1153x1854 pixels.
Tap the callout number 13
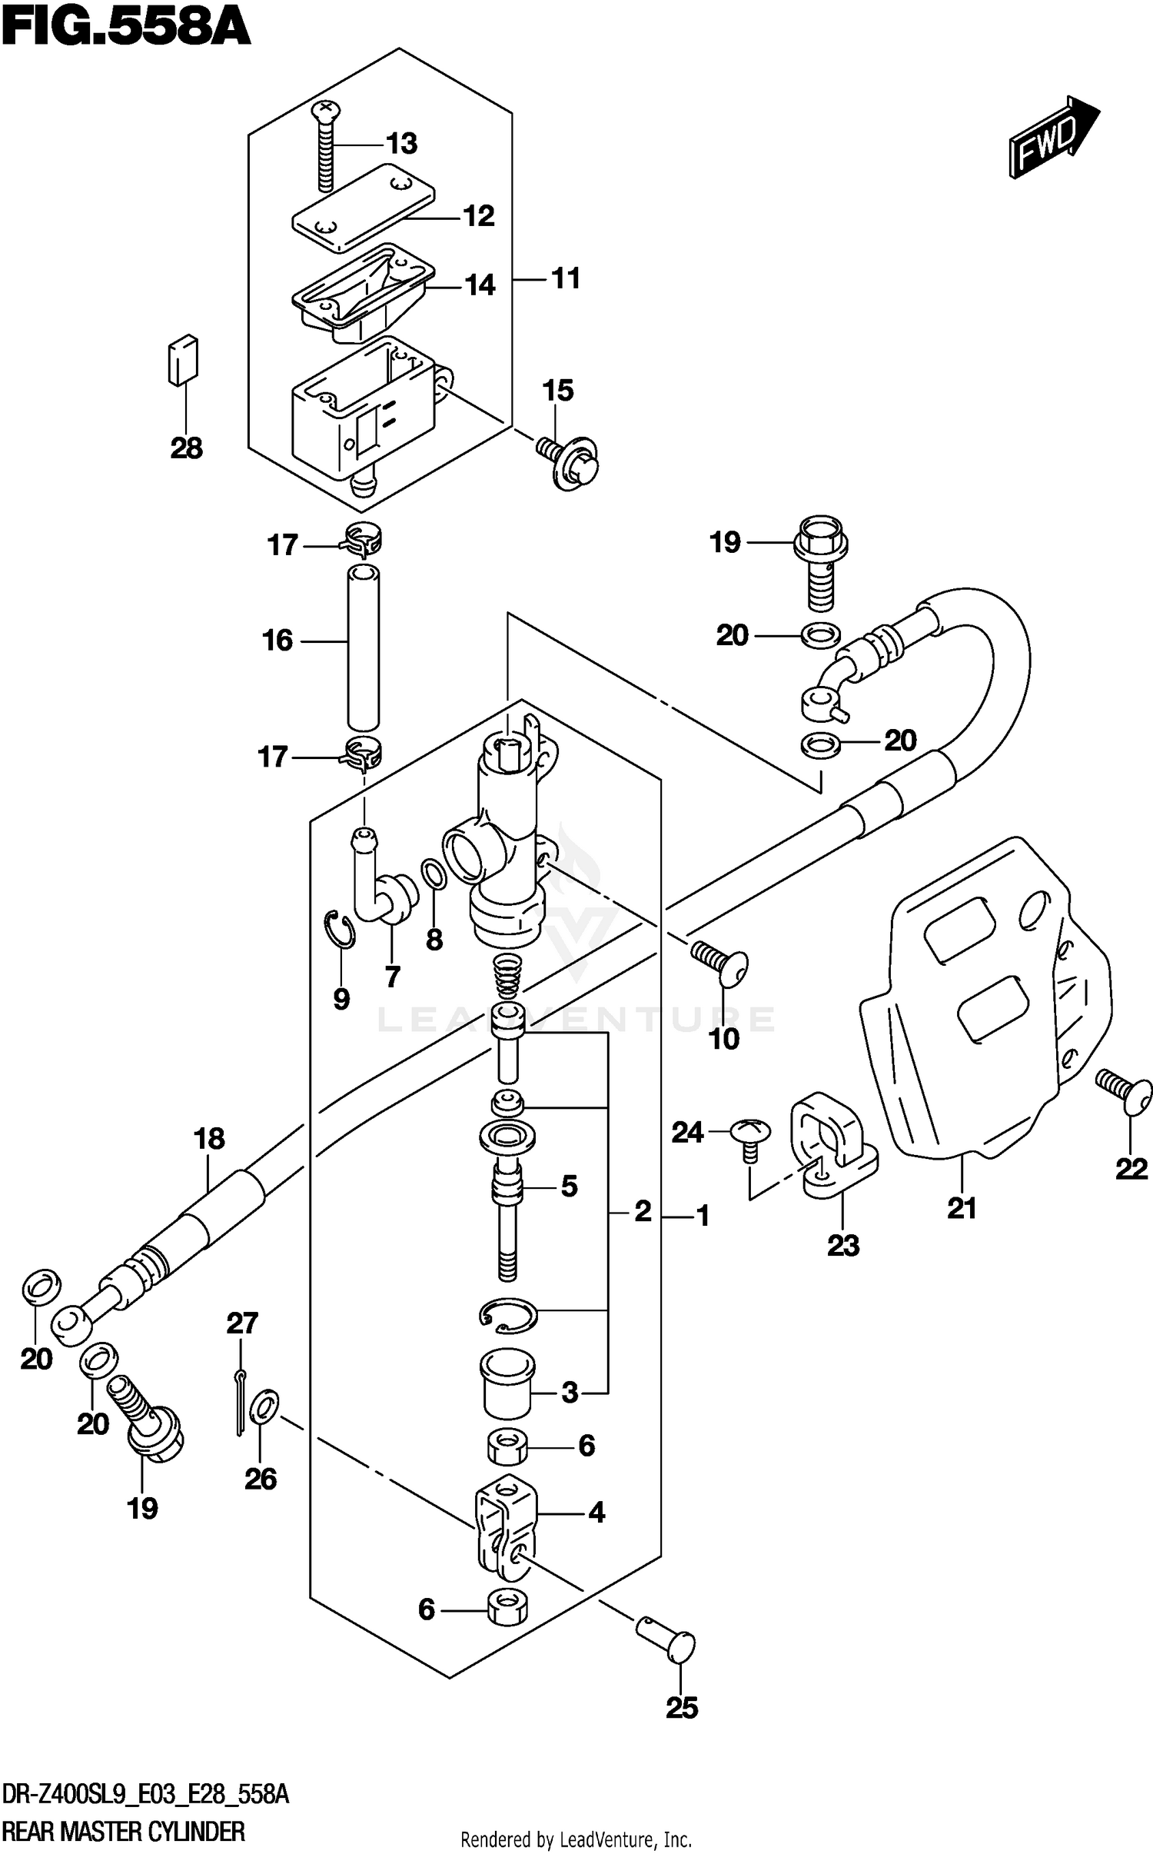tap(401, 144)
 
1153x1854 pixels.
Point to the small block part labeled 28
tap(183, 360)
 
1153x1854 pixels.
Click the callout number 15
tap(558, 391)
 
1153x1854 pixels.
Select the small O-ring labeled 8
tap(434, 874)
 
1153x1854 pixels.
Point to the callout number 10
tap(723, 1039)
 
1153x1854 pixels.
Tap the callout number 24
tap(687, 1133)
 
